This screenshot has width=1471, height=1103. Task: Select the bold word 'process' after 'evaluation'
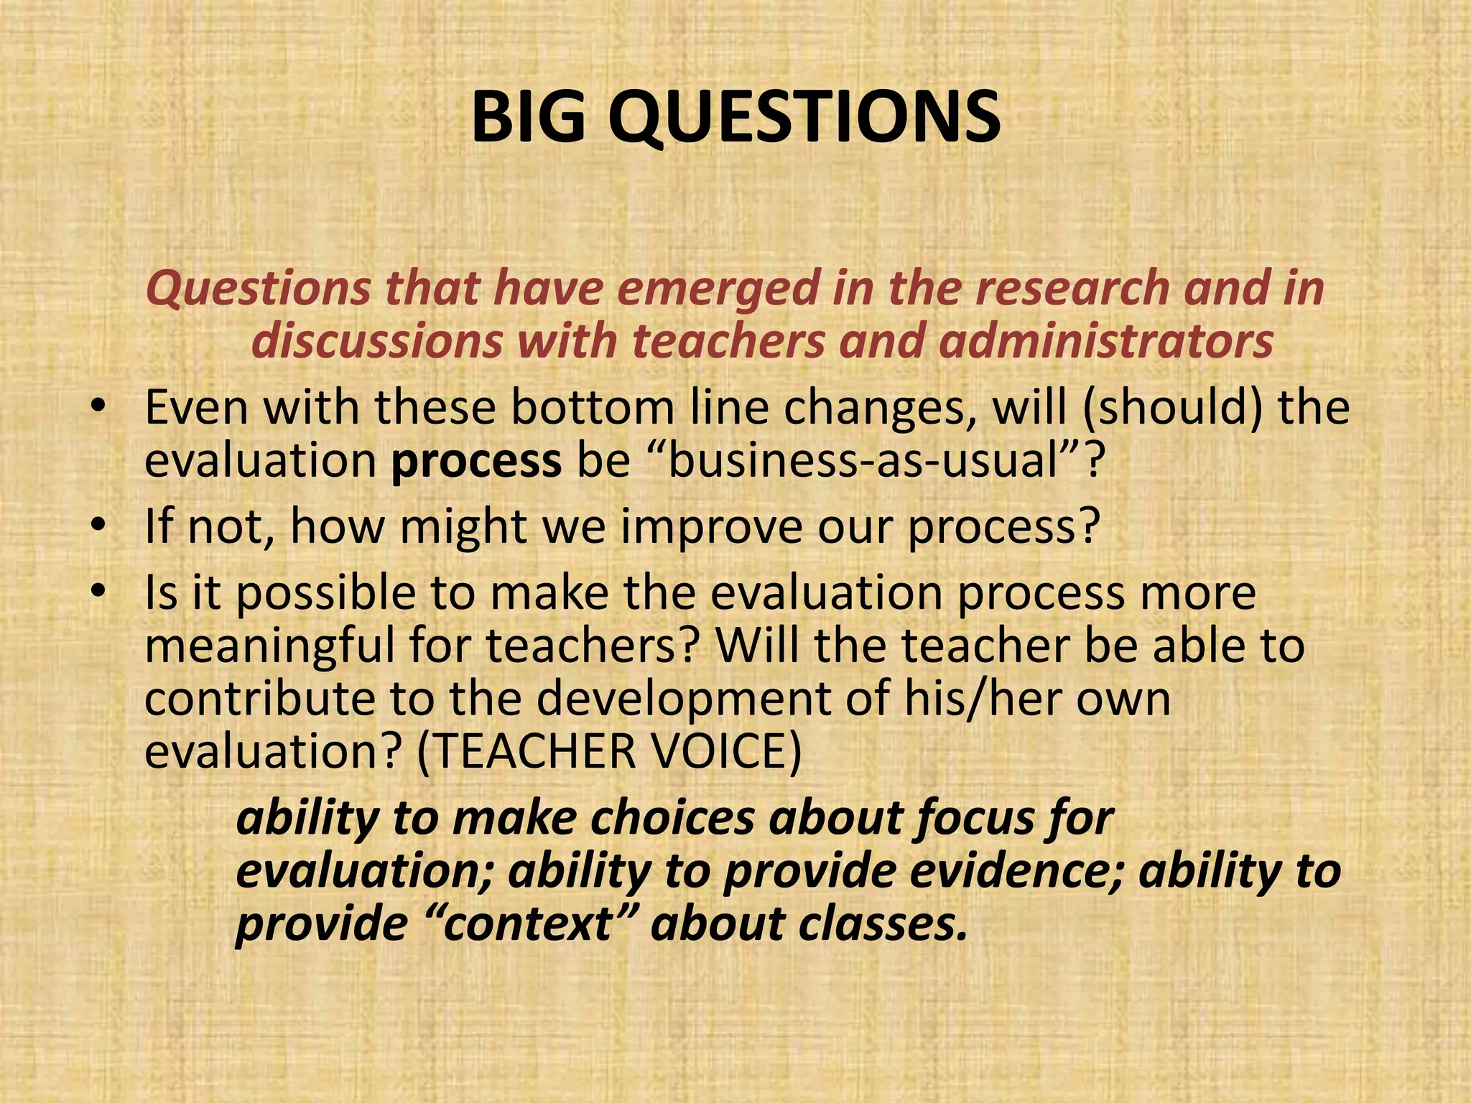click(x=476, y=461)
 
